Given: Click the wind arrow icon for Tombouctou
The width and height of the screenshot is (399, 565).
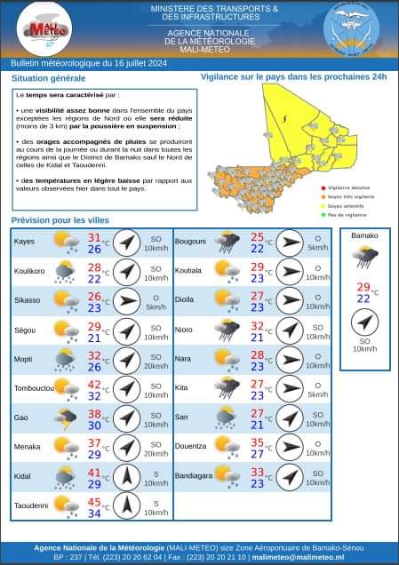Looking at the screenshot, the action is click(x=128, y=388).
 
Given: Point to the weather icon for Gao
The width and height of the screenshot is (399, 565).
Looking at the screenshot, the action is click(x=65, y=418).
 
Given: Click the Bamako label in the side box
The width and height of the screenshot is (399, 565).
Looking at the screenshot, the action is click(x=364, y=236).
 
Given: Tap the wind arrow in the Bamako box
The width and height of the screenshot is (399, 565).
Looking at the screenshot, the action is click(x=363, y=321).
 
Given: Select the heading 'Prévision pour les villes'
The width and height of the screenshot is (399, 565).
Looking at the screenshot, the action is click(x=61, y=220).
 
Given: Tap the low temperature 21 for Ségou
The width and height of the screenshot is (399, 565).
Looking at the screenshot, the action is click(x=94, y=338).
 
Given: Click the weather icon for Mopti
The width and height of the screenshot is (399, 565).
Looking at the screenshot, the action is click(x=65, y=359).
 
